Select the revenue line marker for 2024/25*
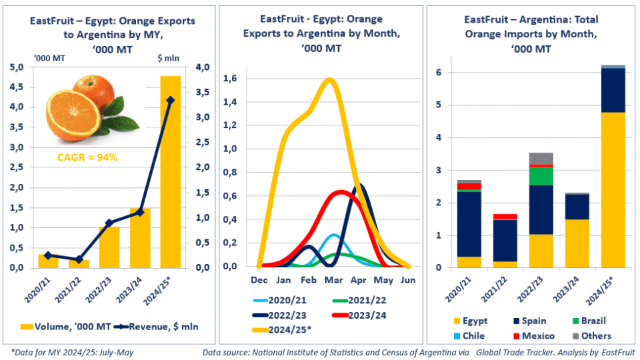170,100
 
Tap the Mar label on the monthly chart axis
333,280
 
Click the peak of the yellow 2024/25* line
329,79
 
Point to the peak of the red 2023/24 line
341,192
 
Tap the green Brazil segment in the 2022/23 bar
541,176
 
